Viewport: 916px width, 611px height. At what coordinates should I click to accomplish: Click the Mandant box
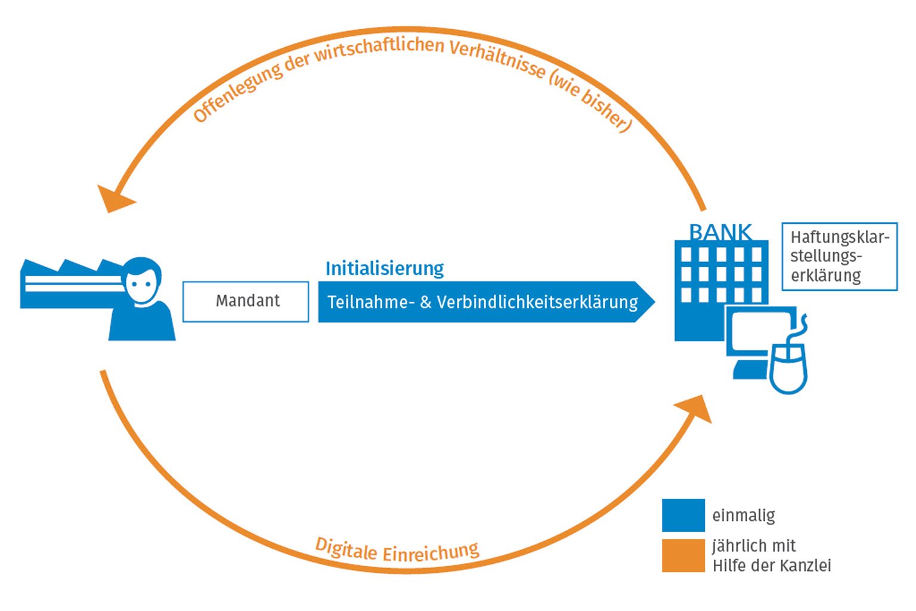tap(246, 301)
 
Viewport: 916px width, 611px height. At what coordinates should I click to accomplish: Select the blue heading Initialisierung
tap(384, 269)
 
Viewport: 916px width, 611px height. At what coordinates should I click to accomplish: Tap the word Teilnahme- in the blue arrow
tap(371, 302)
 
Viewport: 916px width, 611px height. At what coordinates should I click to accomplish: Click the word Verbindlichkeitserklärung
tap(537, 302)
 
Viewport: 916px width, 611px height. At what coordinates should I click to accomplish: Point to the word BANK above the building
tap(720, 232)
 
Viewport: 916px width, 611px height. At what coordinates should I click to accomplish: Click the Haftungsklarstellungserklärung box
tap(839, 257)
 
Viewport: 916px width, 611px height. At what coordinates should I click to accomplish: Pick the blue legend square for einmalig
tap(683, 515)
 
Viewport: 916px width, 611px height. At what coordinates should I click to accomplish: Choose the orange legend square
tap(683, 556)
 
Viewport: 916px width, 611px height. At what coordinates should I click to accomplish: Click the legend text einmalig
tap(743, 516)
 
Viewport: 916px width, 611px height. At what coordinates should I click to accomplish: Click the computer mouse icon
tap(788, 367)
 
